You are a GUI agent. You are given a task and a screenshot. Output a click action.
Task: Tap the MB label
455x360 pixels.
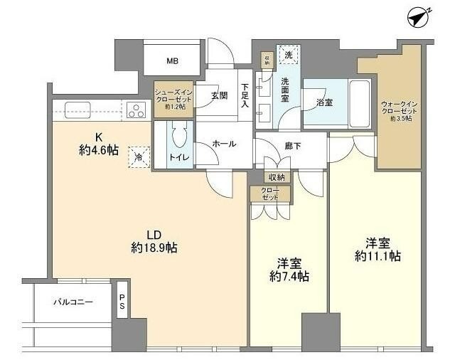click(173, 61)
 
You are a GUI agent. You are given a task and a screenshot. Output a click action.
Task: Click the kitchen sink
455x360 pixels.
click(76, 110)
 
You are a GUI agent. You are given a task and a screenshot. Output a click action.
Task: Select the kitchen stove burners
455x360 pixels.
click(134, 110)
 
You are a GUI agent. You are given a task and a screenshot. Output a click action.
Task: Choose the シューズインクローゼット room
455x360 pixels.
click(173, 99)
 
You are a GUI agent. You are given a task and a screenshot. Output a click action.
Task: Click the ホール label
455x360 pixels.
click(224, 143)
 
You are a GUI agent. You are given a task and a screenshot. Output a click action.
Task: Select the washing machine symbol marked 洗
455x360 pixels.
click(288, 55)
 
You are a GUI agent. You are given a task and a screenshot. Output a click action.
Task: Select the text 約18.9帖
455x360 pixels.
click(154, 248)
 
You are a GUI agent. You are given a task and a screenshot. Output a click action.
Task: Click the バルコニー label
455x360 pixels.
click(73, 302)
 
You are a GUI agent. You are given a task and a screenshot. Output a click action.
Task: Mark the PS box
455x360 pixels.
click(122, 302)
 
